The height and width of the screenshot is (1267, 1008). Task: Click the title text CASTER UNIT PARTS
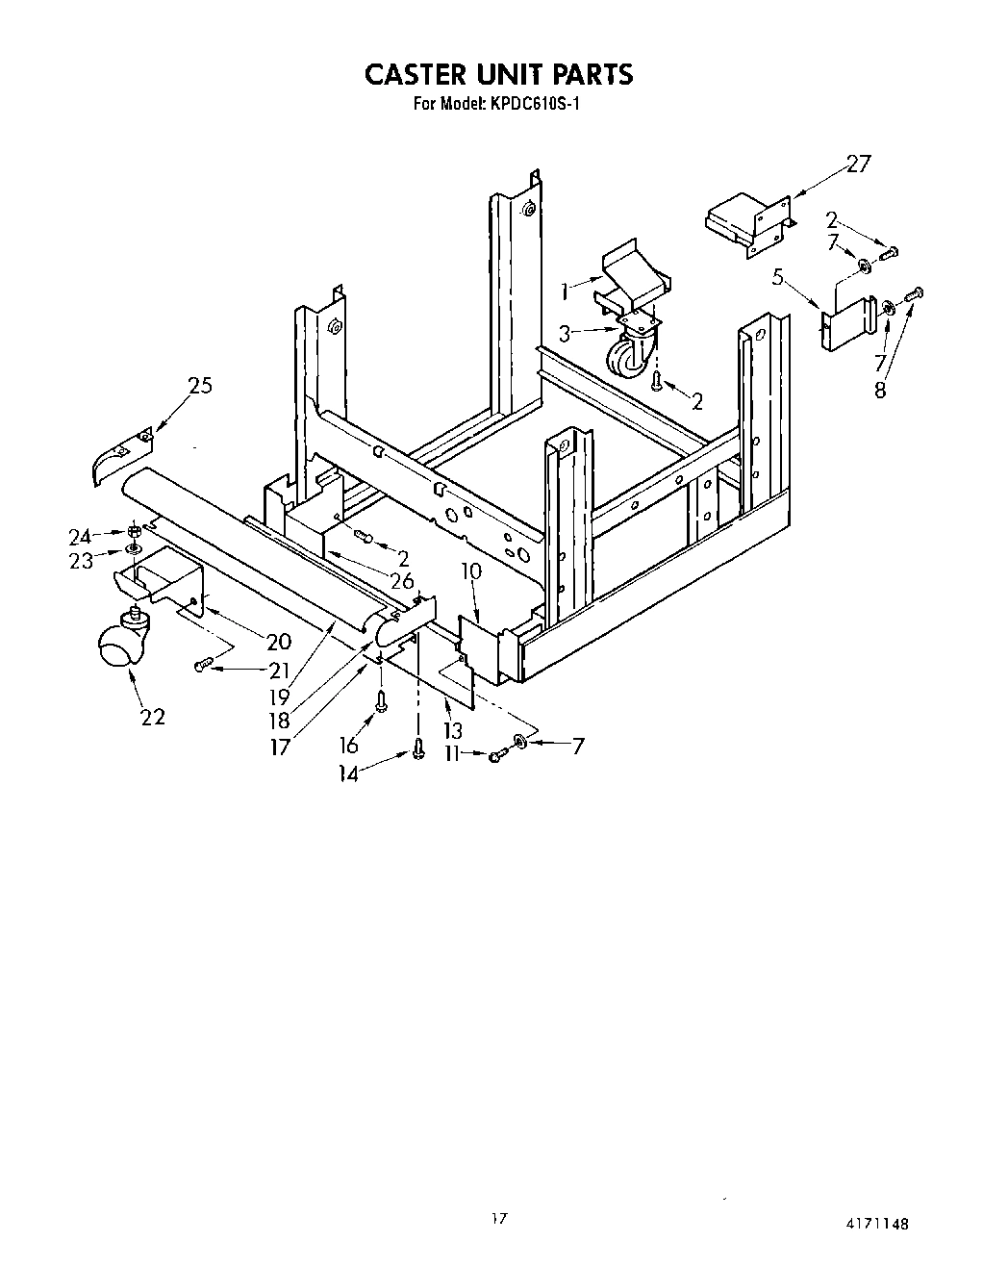(497, 74)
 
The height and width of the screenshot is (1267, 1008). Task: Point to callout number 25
(200, 386)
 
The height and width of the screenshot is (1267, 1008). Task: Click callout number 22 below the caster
(152, 716)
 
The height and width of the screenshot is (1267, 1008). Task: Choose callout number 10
(471, 571)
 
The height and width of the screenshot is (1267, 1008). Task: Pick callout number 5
(780, 280)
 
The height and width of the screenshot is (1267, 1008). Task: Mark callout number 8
(880, 391)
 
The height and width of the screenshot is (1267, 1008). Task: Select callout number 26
(401, 580)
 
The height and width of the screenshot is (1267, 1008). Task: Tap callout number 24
(80, 537)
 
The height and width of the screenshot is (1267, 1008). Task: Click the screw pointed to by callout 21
(202, 665)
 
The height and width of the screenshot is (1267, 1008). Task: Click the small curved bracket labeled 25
(119, 453)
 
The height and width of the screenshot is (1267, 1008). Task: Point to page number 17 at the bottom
(497, 1220)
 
